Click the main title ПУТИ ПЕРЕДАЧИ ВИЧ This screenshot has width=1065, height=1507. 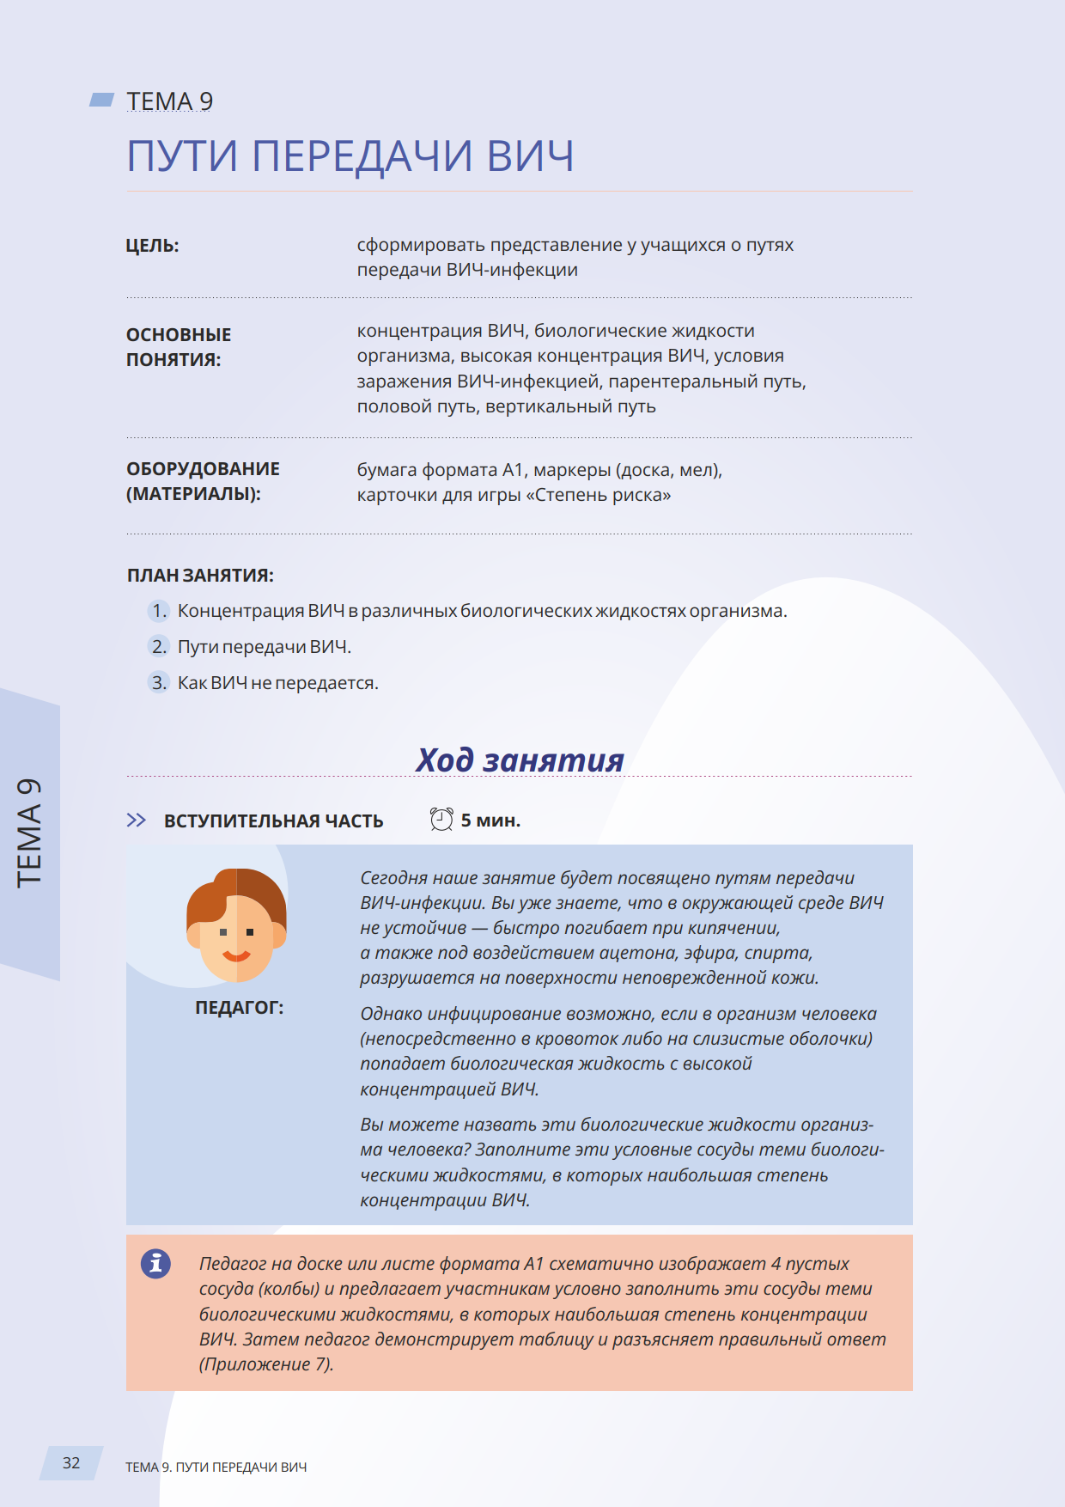[350, 156]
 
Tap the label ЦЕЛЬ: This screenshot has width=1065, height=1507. [153, 246]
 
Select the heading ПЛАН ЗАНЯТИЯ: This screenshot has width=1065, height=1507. [200, 576]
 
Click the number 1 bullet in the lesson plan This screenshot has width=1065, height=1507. [159, 611]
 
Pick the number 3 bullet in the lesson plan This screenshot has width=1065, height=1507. [159, 683]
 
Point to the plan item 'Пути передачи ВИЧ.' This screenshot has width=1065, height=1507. [265, 647]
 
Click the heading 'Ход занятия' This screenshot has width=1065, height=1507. [520, 760]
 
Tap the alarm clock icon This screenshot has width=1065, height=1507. [441, 820]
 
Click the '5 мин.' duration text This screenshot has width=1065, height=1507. [490, 821]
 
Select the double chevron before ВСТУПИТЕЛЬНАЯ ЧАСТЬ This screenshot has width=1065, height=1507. [137, 821]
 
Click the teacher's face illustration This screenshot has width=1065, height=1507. [236, 925]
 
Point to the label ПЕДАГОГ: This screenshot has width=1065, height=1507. [239, 1008]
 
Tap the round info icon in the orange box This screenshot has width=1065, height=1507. [155, 1263]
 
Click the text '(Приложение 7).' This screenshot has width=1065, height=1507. [266, 1364]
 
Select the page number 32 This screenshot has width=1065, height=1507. [71, 1463]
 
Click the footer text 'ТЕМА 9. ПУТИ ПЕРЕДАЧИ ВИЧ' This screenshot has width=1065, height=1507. [216, 1467]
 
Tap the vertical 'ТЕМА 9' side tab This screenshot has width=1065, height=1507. [29, 833]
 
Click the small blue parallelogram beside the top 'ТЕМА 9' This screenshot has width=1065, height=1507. [102, 101]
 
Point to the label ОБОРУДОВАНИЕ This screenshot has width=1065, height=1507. [203, 469]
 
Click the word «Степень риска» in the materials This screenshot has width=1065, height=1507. [602, 496]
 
